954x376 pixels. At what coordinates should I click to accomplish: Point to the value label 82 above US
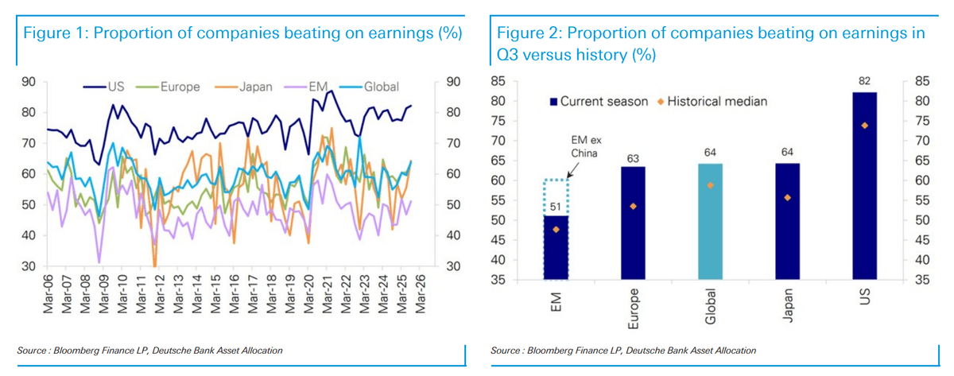click(864, 82)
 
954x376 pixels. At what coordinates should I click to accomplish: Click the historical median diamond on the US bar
click(864, 126)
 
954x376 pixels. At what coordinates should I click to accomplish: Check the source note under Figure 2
click(623, 351)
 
